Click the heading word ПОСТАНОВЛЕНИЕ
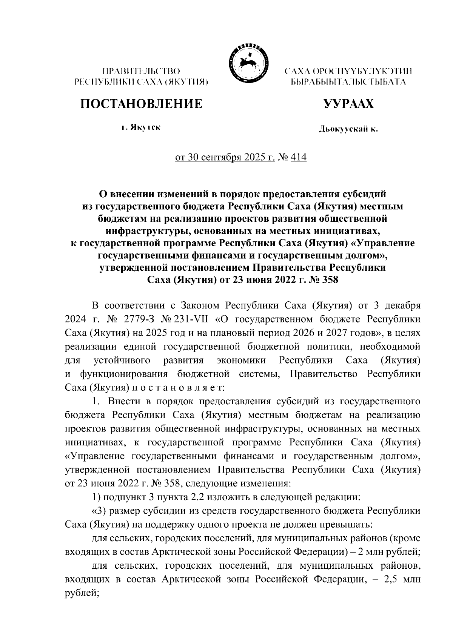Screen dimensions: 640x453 pos(140,104)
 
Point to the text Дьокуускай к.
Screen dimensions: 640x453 pos(348,130)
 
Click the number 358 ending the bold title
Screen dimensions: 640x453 pos(328,280)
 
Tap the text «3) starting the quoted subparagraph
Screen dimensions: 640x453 pos(99,511)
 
